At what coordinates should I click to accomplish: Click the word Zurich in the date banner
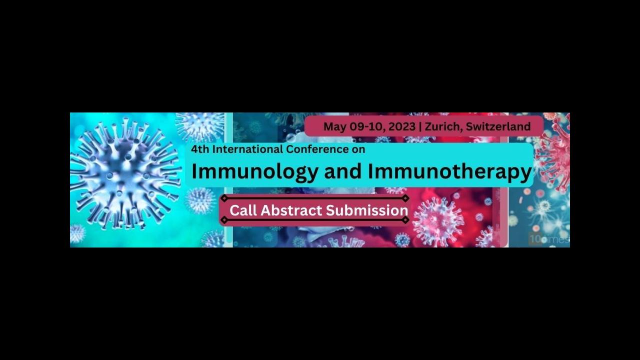click(443, 126)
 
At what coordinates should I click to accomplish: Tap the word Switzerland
click(498, 126)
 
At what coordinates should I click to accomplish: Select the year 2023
click(402, 126)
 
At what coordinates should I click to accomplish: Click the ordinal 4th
click(200, 149)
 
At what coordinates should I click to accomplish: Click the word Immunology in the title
click(254, 171)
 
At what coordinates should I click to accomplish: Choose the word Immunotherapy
click(449, 171)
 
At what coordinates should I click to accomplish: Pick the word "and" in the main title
click(342, 171)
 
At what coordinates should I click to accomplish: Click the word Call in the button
click(243, 210)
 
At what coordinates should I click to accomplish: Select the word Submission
click(367, 210)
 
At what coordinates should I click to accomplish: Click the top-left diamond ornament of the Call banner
click(224, 198)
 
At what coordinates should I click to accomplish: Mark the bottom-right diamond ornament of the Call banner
click(405, 219)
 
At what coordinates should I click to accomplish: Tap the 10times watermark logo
click(548, 239)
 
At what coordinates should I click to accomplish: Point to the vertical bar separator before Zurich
click(420, 127)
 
